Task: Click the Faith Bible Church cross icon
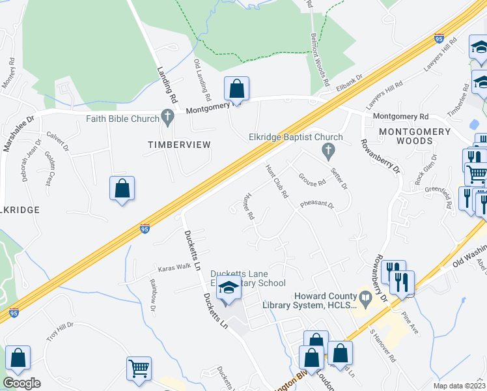(168, 119)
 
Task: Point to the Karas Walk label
(173, 268)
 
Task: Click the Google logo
(21, 383)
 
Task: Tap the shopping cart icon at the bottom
(139, 368)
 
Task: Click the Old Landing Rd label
(202, 78)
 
